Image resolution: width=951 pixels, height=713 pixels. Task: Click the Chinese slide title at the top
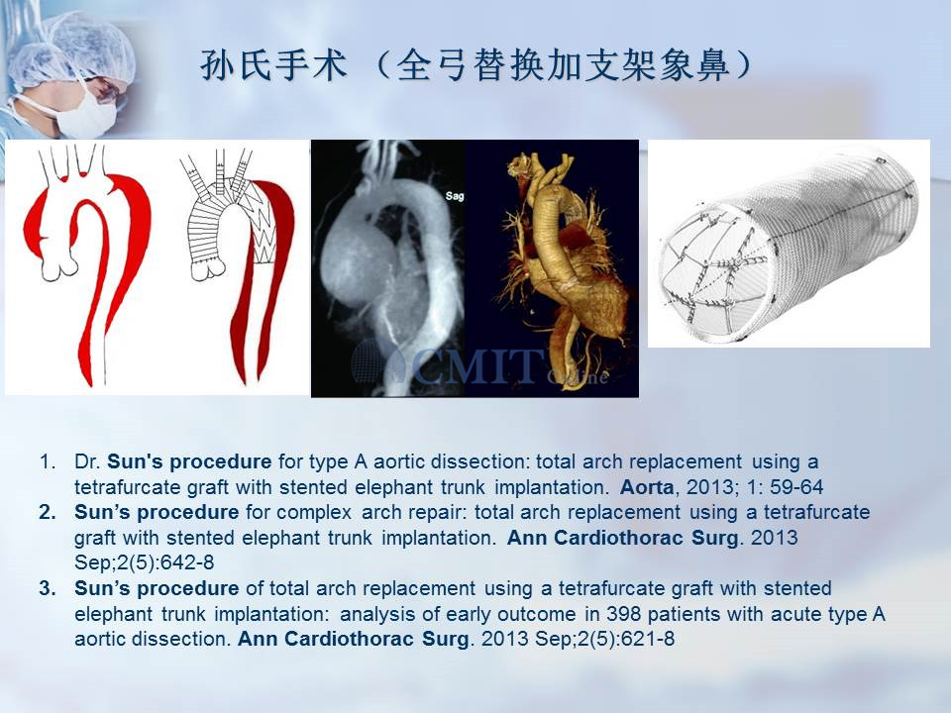(x=476, y=65)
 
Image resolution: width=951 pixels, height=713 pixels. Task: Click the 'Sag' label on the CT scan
(x=455, y=195)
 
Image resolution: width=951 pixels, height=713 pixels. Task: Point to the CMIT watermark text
(x=479, y=366)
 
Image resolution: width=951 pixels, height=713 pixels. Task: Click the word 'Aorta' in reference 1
(x=647, y=487)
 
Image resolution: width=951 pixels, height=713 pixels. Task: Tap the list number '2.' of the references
(x=48, y=512)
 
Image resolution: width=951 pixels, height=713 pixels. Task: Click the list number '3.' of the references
(x=48, y=588)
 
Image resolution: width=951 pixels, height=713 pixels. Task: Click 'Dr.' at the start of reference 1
(x=87, y=461)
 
